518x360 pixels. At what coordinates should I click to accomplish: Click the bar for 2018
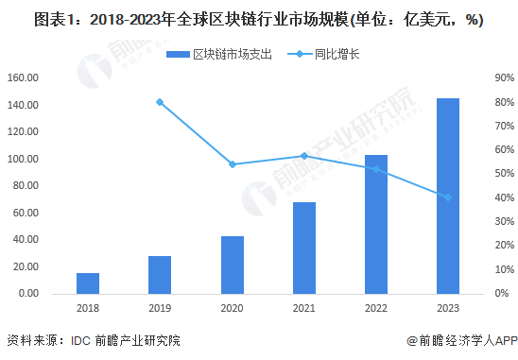(88, 283)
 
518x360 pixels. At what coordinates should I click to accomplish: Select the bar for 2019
(160, 275)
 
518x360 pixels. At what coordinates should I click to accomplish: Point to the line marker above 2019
(160, 102)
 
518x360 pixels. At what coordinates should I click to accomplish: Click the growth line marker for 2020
(233, 164)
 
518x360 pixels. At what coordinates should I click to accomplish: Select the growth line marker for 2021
(304, 156)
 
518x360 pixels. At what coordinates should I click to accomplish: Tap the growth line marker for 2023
(448, 197)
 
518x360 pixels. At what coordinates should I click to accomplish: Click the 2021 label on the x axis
(304, 309)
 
